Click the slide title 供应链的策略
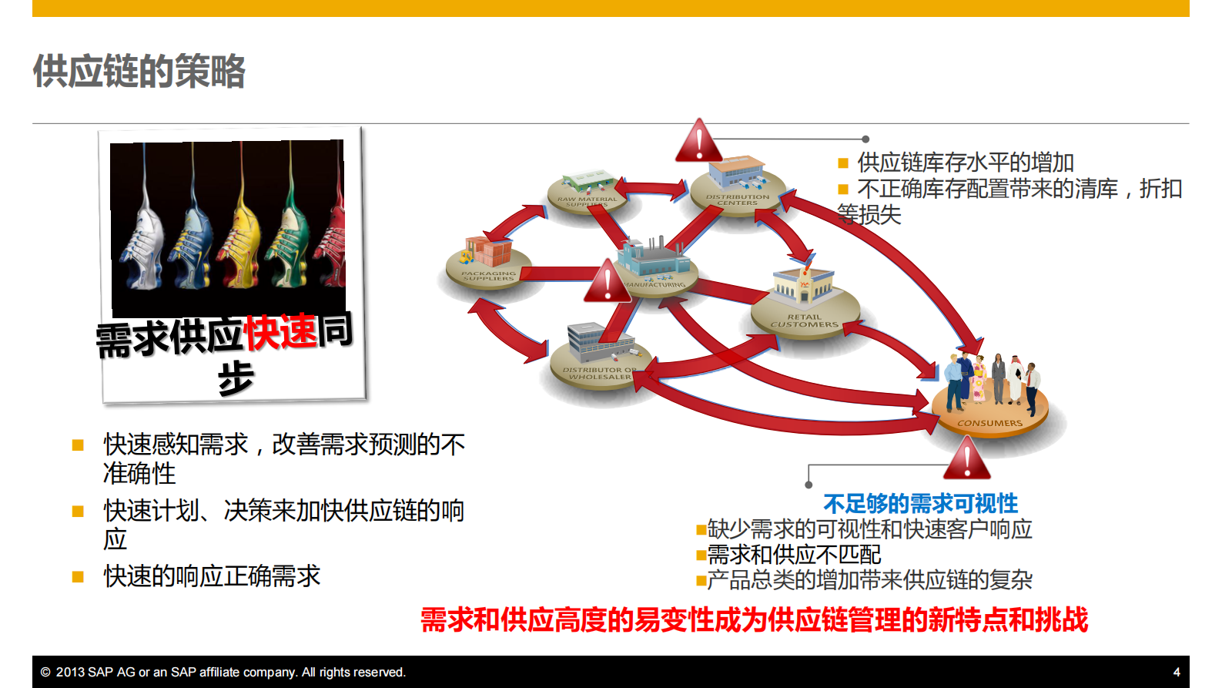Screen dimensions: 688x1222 139,72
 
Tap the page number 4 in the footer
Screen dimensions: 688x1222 1176,672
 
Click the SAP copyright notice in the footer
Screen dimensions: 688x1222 223,672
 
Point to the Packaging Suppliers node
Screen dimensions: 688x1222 488,262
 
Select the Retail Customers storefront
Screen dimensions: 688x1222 804,289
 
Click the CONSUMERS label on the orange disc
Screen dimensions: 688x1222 989,423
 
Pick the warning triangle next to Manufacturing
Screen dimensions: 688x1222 608,283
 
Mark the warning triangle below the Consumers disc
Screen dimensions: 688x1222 966,460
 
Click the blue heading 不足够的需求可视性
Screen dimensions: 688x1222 920,504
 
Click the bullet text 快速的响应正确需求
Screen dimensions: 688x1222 212,576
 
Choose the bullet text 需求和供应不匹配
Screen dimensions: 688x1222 794,554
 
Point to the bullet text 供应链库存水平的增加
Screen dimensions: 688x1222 965,163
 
